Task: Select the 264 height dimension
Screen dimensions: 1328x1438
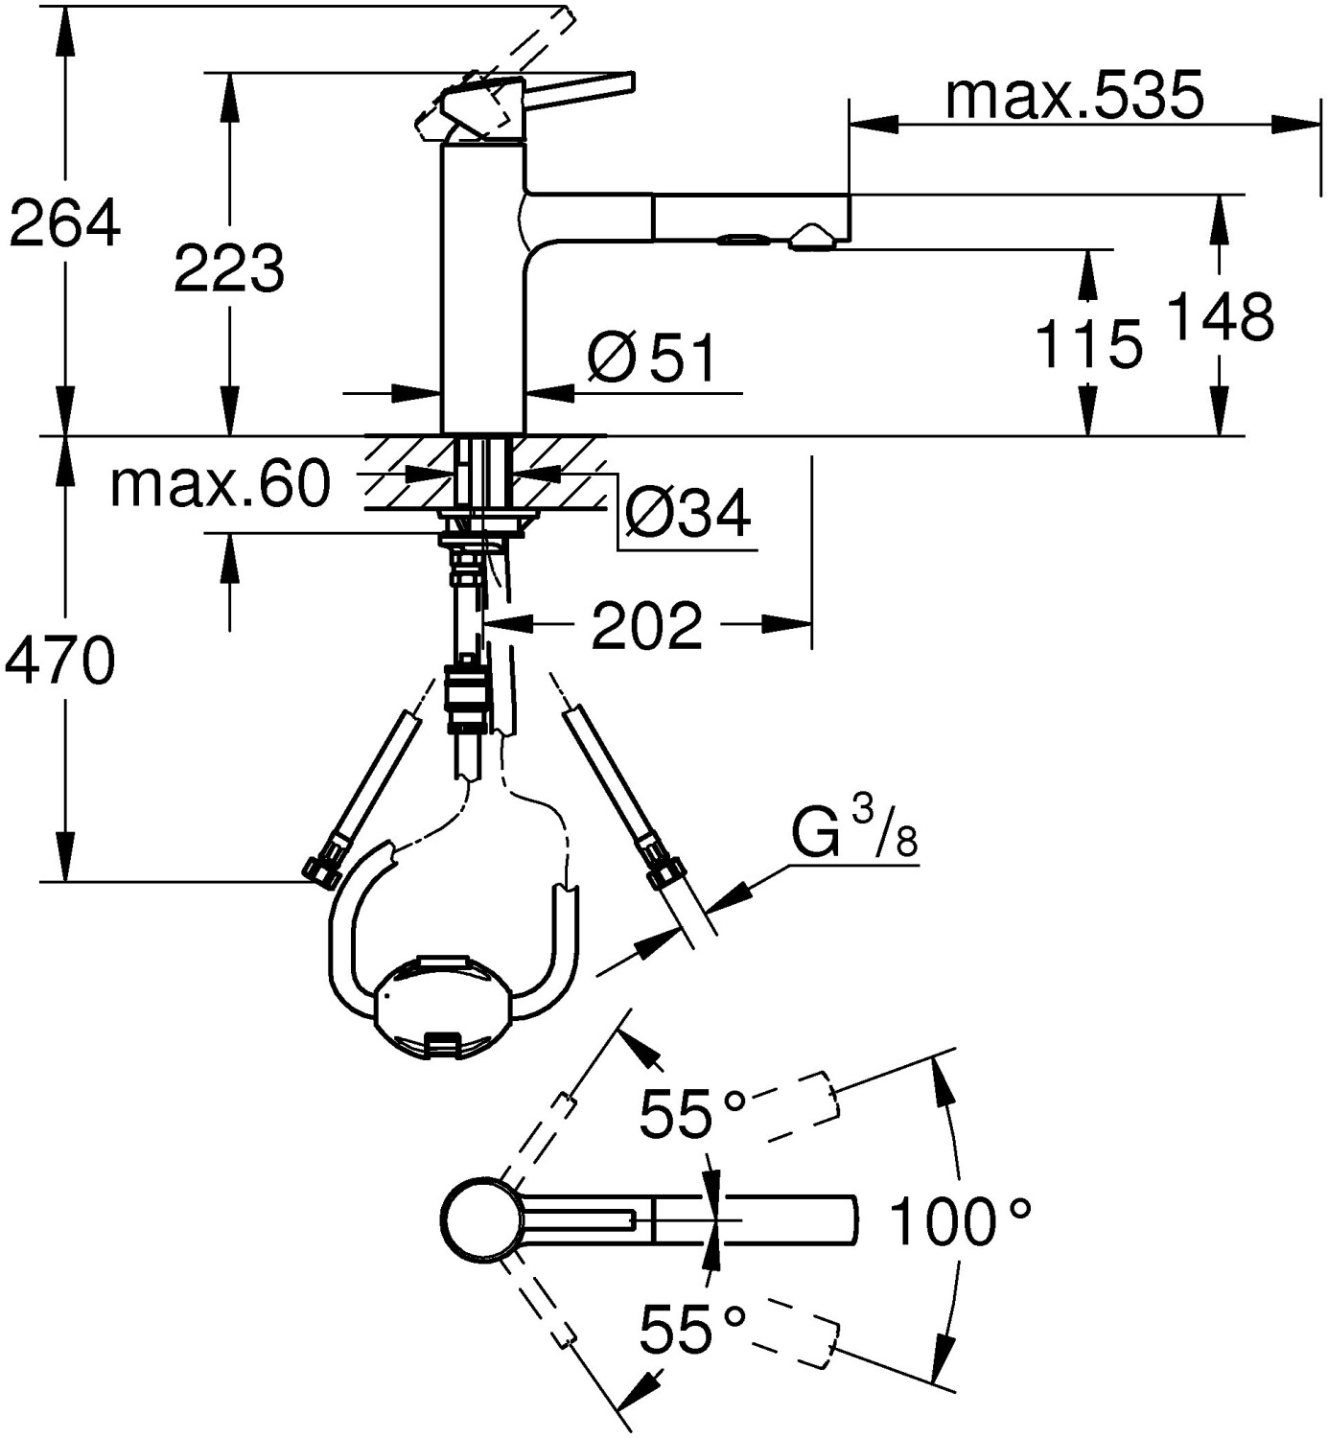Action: click(64, 223)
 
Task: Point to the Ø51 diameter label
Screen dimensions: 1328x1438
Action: click(652, 359)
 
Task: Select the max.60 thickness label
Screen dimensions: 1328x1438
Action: click(220, 484)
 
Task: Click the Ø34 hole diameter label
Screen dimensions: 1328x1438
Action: click(687, 515)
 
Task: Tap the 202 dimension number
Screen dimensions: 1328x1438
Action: click(646, 626)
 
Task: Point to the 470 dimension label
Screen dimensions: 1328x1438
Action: click(59, 661)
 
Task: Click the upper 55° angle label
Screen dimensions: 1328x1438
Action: click(690, 1114)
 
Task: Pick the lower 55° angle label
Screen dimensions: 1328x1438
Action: click(690, 1328)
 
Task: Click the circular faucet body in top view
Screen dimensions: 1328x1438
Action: click(482, 1220)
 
